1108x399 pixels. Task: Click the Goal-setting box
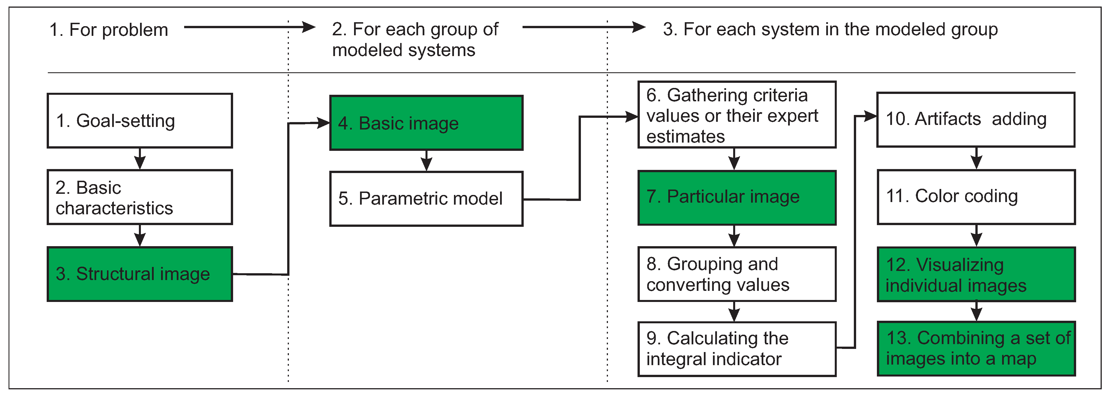(x=140, y=121)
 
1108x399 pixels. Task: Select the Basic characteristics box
(x=140, y=197)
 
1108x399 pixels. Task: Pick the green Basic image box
(x=426, y=123)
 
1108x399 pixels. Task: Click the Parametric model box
(x=426, y=199)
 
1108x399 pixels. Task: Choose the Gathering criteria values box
(x=737, y=115)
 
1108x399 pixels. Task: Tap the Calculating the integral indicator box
(x=737, y=349)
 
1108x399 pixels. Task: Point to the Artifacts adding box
(x=976, y=120)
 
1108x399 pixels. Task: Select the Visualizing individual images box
(x=976, y=274)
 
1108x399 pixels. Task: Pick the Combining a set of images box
(x=976, y=349)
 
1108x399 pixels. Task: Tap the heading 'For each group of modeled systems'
(x=415, y=40)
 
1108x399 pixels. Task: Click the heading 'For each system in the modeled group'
(x=830, y=29)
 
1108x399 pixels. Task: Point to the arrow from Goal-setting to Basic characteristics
(x=140, y=159)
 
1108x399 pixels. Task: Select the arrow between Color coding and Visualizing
(x=977, y=236)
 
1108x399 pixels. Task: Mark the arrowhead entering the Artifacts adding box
(x=871, y=116)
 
